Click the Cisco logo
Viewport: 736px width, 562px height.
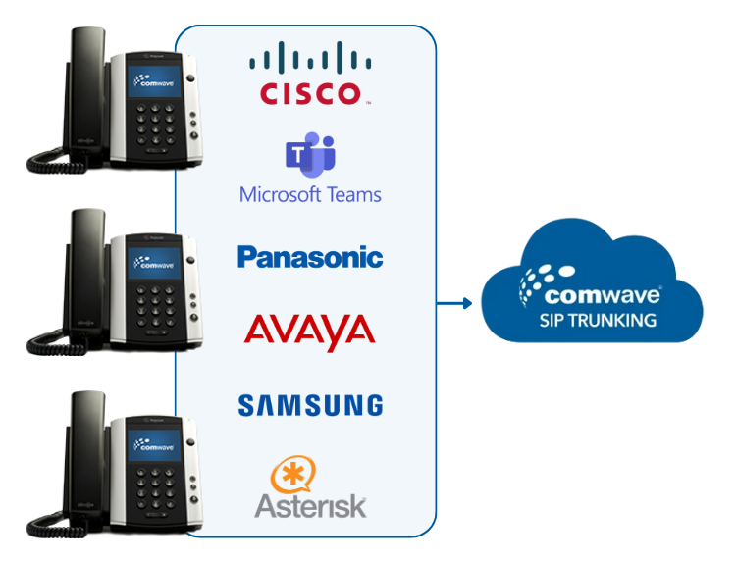(x=309, y=74)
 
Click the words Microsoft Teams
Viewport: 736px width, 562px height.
(x=310, y=194)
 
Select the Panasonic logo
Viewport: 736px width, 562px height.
(x=310, y=258)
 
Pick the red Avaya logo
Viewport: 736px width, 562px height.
(x=310, y=331)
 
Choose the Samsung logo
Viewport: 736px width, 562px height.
(x=310, y=404)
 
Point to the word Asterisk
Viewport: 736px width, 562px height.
(x=310, y=506)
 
